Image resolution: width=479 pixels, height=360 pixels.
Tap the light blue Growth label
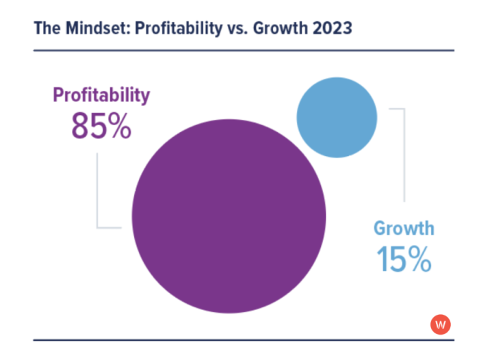(404, 228)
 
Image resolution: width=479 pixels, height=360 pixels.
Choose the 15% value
(404, 259)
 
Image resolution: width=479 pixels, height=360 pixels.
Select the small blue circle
(337, 117)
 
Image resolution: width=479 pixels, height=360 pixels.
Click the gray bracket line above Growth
(403, 154)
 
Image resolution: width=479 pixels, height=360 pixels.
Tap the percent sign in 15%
(419, 259)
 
